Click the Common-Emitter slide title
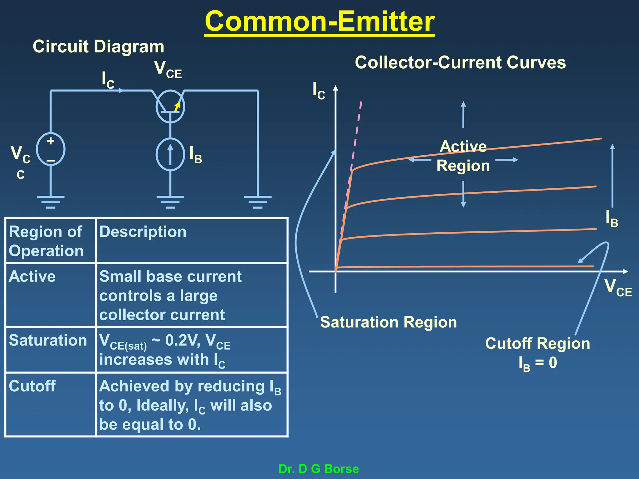[x=319, y=22]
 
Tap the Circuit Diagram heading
[x=98, y=47]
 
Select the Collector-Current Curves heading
[x=460, y=62]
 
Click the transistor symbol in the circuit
[x=170, y=106]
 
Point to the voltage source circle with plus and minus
[x=51, y=149]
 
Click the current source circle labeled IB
[x=170, y=154]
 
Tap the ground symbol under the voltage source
[x=51, y=201]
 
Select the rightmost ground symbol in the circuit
[x=258, y=201]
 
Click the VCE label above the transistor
[x=168, y=69]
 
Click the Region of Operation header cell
[x=47, y=241]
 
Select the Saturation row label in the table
[x=48, y=340]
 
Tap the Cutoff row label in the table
[x=32, y=386]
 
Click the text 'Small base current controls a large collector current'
[x=170, y=295]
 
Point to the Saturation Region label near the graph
[x=388, y=322]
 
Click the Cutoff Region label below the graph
[x=537, y=344]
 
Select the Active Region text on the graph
[x=463, y=156]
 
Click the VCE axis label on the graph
[x=618, y=288]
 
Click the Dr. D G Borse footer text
[x=319, y=469]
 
